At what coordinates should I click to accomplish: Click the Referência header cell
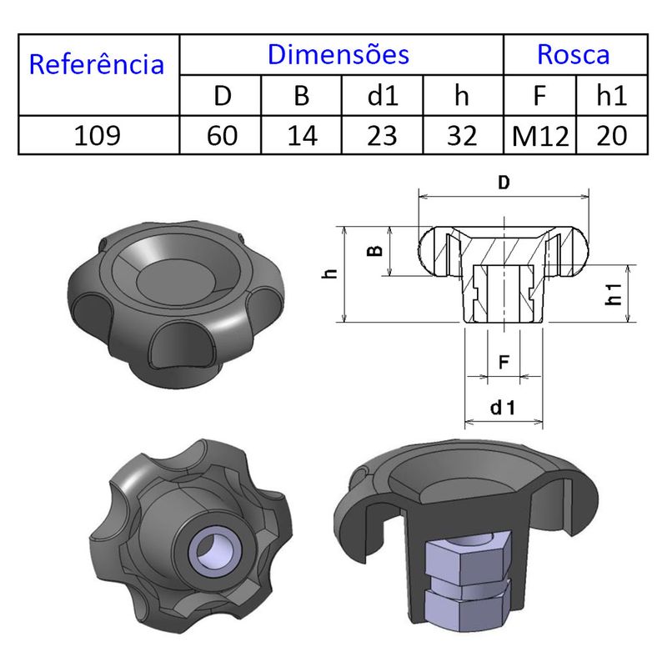click(97, 64)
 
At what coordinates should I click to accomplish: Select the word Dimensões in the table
click(339, 54)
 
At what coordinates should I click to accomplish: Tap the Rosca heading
click(573, 54)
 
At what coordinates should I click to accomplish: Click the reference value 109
click(98, 135)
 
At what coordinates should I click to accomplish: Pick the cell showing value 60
click(222, 135)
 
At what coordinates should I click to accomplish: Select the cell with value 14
click(302, 135)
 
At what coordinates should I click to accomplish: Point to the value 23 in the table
click(383, 135)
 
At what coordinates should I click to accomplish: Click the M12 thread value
click(540, 135)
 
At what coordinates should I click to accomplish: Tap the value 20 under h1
click(611, 135)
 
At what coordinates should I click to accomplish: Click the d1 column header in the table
click(383, 96)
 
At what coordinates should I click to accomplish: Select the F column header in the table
click(540, 96)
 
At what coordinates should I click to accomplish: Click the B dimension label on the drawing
click(377, 251)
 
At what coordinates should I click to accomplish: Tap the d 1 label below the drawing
click(503, 408)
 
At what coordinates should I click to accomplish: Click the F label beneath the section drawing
click(503, 363)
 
